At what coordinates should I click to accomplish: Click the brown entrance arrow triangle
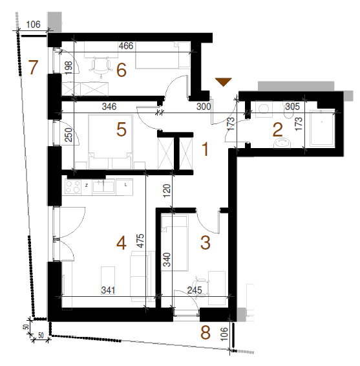[x=223, y=81]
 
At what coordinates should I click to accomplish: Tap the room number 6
[x=122, y=70]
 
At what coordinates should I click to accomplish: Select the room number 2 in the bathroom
[x=278, y=130]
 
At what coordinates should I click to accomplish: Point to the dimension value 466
[x=126, y=46]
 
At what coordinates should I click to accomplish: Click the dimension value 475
[x=141, y=241]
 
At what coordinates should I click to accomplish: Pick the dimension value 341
[x=108, y=290]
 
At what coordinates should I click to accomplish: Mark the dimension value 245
[x=195, y=290]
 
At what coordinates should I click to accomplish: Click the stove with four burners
[x=73, y=187]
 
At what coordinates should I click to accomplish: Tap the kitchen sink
[x=103, y=187]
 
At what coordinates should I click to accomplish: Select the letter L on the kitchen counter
[x=125, y=185]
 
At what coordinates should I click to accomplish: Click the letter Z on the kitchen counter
[x=87, y=186]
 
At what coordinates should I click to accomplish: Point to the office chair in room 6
[x=101, y=67]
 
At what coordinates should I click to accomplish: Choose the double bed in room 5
[x=110, y=141]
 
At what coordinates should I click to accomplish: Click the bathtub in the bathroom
[x=323, y=129]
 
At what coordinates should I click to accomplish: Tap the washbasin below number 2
[x=282, y=143]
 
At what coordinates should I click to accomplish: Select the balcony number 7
[x=33, y=67]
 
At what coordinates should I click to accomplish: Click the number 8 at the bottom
[x=206, y=332]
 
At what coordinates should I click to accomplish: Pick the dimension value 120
[x=167, y=191]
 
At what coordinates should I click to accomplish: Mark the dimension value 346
[x=109, y=107]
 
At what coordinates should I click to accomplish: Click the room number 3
[x=206, y=242]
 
